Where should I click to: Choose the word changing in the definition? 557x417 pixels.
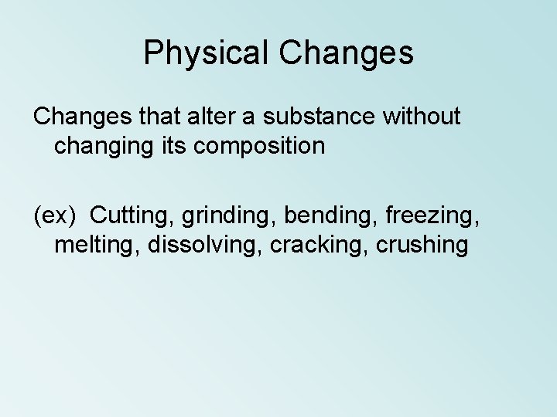(101, 145)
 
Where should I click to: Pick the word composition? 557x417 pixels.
(261, 145)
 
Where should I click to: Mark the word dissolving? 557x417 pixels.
(193, 245)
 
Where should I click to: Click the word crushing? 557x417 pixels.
(419, 245)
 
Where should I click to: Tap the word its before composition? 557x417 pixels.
(171, 145)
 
